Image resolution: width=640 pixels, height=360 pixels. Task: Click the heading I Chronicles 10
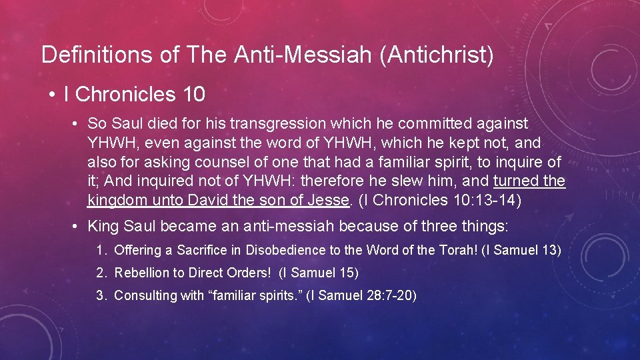[x=134, y=95]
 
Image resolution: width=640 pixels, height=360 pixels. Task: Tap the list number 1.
[x=101, y=251]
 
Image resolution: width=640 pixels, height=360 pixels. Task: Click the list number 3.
[x=101, y=295]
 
